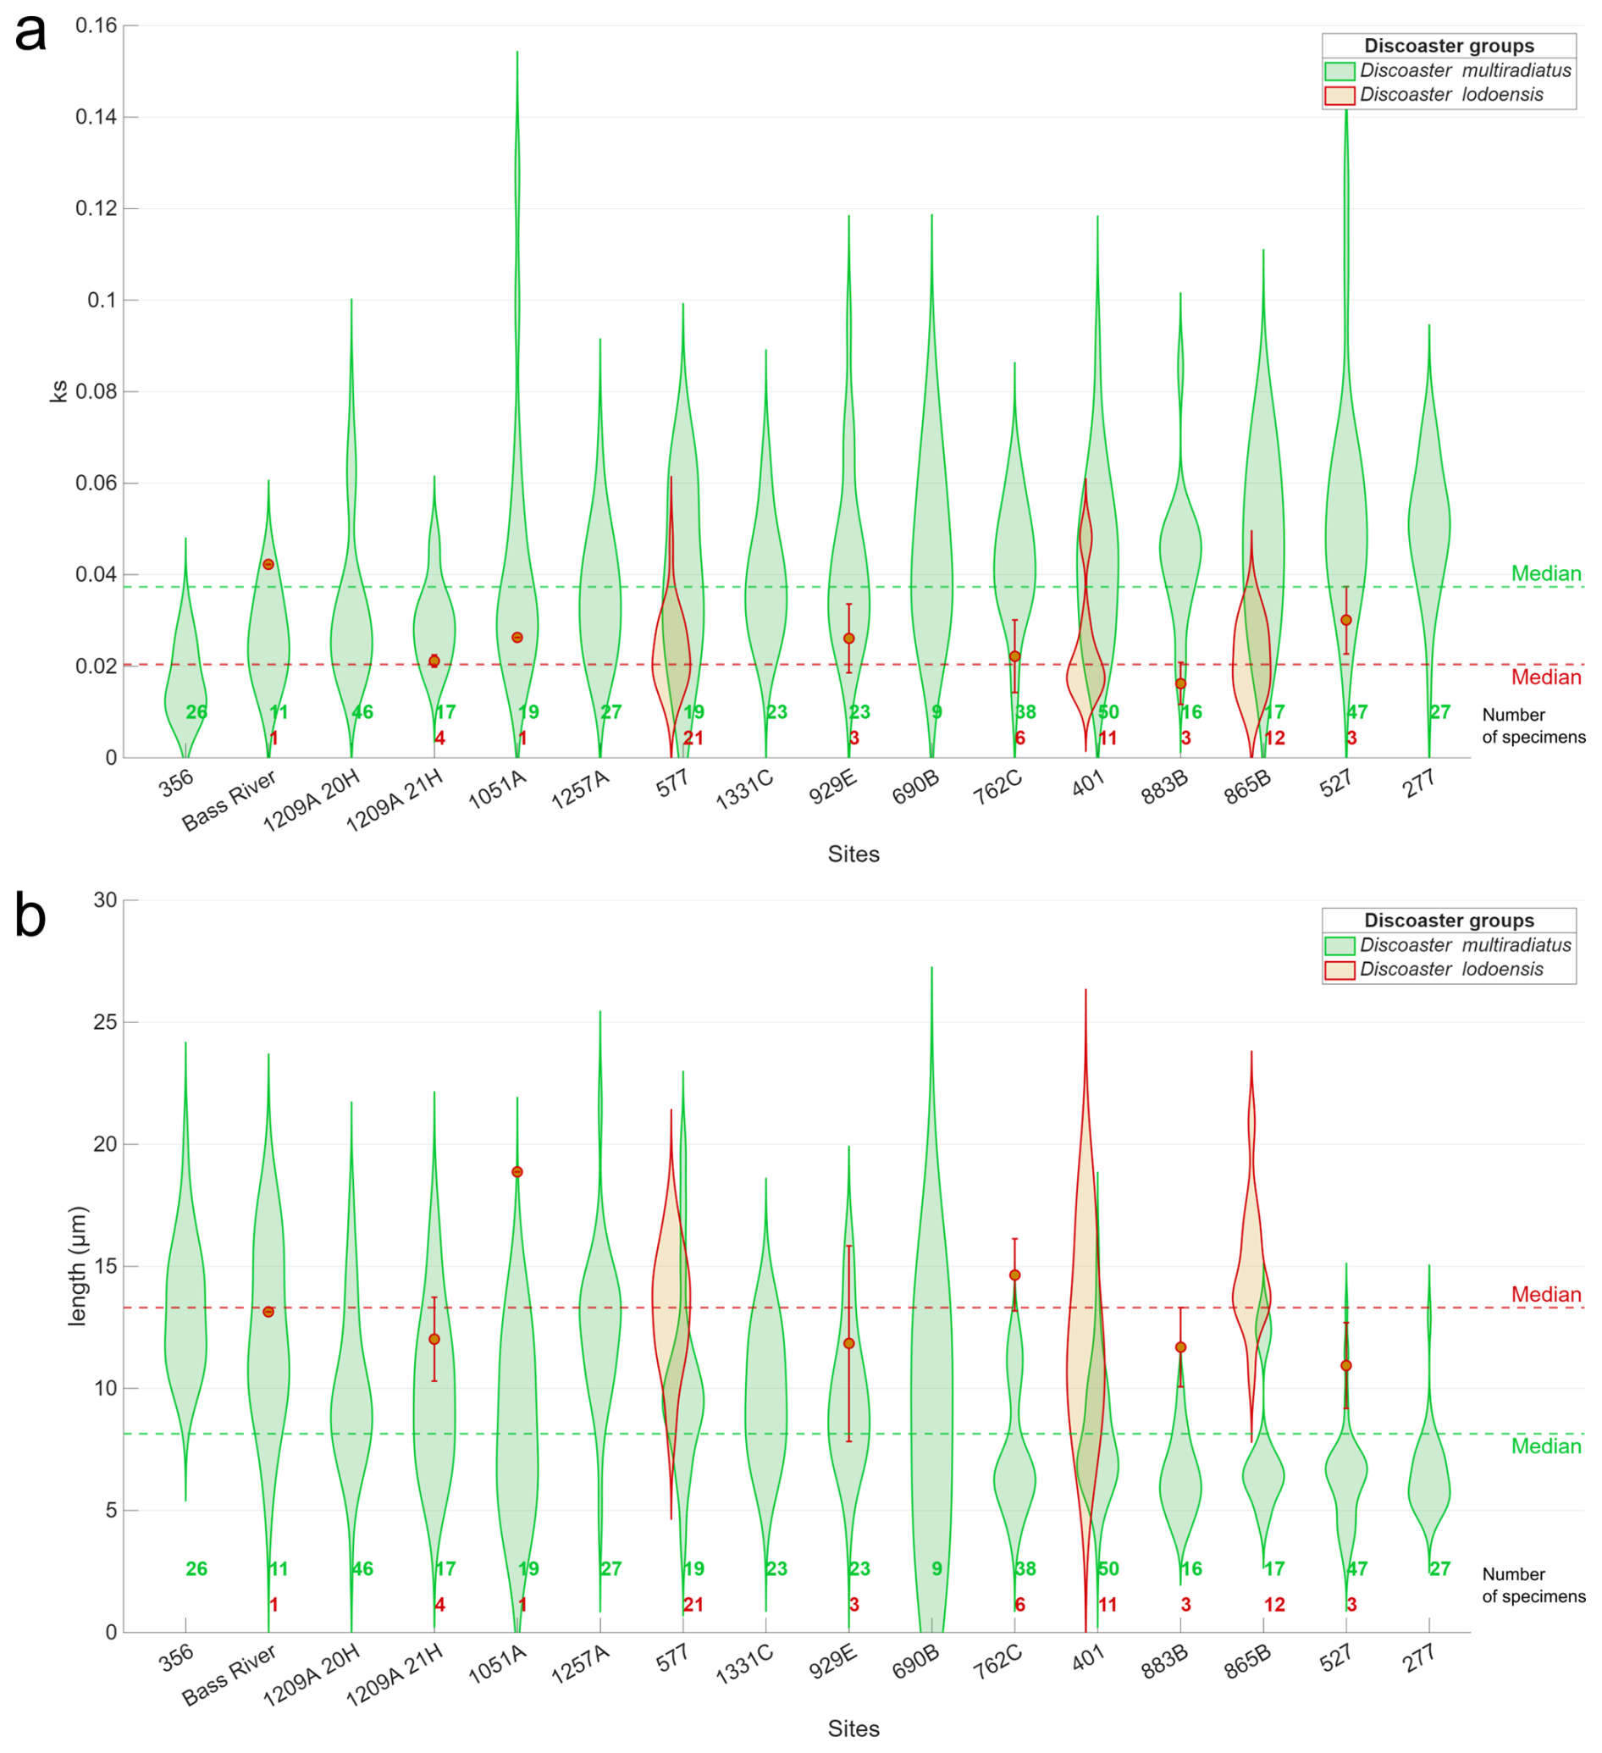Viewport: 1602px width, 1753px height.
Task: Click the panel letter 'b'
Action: click(x=30, y=917)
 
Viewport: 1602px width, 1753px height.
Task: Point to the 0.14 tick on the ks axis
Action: click(x=96, y=117)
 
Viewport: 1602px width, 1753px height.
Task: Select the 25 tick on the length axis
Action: click(x=104, y=1023)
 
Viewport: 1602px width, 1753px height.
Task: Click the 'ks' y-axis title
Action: click(x=58, y=390)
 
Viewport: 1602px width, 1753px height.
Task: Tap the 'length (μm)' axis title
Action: click(x=78, y=1266)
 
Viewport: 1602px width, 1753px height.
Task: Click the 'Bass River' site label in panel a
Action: click(x=229, y=801)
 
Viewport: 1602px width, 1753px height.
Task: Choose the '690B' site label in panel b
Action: click(x=916, y=1662)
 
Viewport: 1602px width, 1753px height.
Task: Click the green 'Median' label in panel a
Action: click(x=1545, y=574)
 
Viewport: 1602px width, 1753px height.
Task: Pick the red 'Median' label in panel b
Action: click(x=1545, y=1295)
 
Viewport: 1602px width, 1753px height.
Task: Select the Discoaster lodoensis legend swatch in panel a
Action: click(x=1339, y=95)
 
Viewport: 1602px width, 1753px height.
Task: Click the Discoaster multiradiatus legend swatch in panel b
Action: click(x=1339, y=946)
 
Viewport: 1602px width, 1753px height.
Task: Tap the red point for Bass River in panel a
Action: click(x=268, y=564)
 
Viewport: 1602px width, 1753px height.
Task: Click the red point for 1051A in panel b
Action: click(x=517, y=1172)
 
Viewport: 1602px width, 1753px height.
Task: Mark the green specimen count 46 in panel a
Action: click(x=362, y=713)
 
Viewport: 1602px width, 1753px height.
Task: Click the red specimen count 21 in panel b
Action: click(x=693, y=1605)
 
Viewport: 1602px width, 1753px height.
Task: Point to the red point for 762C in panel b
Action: click(x=1014, y=1275)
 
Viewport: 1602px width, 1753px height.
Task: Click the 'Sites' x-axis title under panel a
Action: click(x=853, y=854)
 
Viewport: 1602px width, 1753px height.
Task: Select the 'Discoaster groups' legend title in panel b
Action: click(x=1448, y=921)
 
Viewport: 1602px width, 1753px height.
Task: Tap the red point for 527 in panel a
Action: click(x=1346, y=620)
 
